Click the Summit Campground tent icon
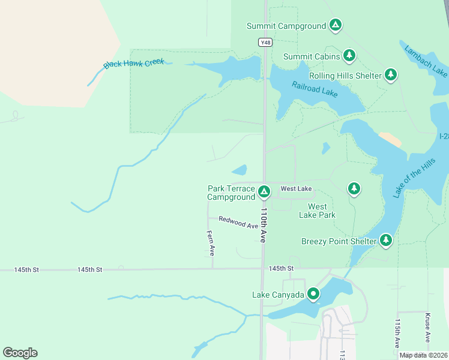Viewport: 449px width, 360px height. [336, 25]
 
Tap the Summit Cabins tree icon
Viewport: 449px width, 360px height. [349, 56]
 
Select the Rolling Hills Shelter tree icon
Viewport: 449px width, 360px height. [391, 74]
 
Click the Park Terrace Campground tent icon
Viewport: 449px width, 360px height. [264, 192]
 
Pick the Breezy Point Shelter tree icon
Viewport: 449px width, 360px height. [385, 241]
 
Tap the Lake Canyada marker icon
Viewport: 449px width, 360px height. [313, 294]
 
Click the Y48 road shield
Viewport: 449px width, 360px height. [265, 42]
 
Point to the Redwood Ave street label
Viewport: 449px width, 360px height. [238, 223]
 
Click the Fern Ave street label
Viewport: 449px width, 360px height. [210, 243]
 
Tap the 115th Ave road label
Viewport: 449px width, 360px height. [397, 333]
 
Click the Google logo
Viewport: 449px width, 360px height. [20, 353]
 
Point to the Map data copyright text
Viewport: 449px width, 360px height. [423, 355]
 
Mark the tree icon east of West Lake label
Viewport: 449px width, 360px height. [354, 189]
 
